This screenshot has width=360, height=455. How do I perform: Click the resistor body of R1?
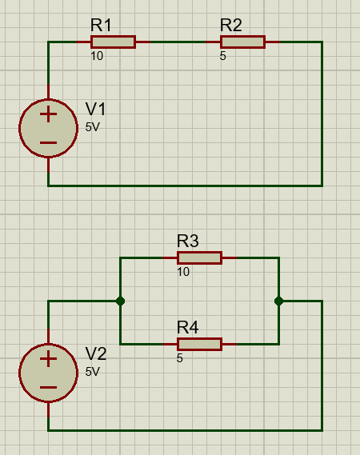click(113, 42)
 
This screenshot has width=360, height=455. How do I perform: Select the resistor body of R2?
click(242, 42)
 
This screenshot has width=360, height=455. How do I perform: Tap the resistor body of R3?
click(199, 257)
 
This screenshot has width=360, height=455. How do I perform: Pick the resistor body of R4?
click(199, 344)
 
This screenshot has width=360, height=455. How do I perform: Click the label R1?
click(101, 25)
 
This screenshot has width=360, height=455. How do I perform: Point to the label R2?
click(231, 25)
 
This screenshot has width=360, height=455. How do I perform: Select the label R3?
click(188, 241)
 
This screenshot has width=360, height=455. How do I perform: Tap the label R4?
click(188, 327)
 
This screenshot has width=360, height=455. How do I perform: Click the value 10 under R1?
click(97, 56)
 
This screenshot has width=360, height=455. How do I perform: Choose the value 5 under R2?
click(222, 56)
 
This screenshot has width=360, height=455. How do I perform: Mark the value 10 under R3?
click(183, 272)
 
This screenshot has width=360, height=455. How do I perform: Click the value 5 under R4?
click(180, 358)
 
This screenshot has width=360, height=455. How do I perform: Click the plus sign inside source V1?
click(48, 114)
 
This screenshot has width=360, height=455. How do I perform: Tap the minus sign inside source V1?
click(48, 142)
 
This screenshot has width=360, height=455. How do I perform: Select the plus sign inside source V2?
click(48, 359)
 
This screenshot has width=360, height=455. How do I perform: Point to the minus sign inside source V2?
click(48, 387)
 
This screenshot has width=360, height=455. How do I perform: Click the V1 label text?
click(96, 109)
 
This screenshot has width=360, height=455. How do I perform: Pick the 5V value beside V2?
click(93, 371)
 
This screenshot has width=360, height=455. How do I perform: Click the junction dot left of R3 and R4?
click(120, 301)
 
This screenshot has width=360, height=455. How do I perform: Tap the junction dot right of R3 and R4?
click(278, 301)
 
